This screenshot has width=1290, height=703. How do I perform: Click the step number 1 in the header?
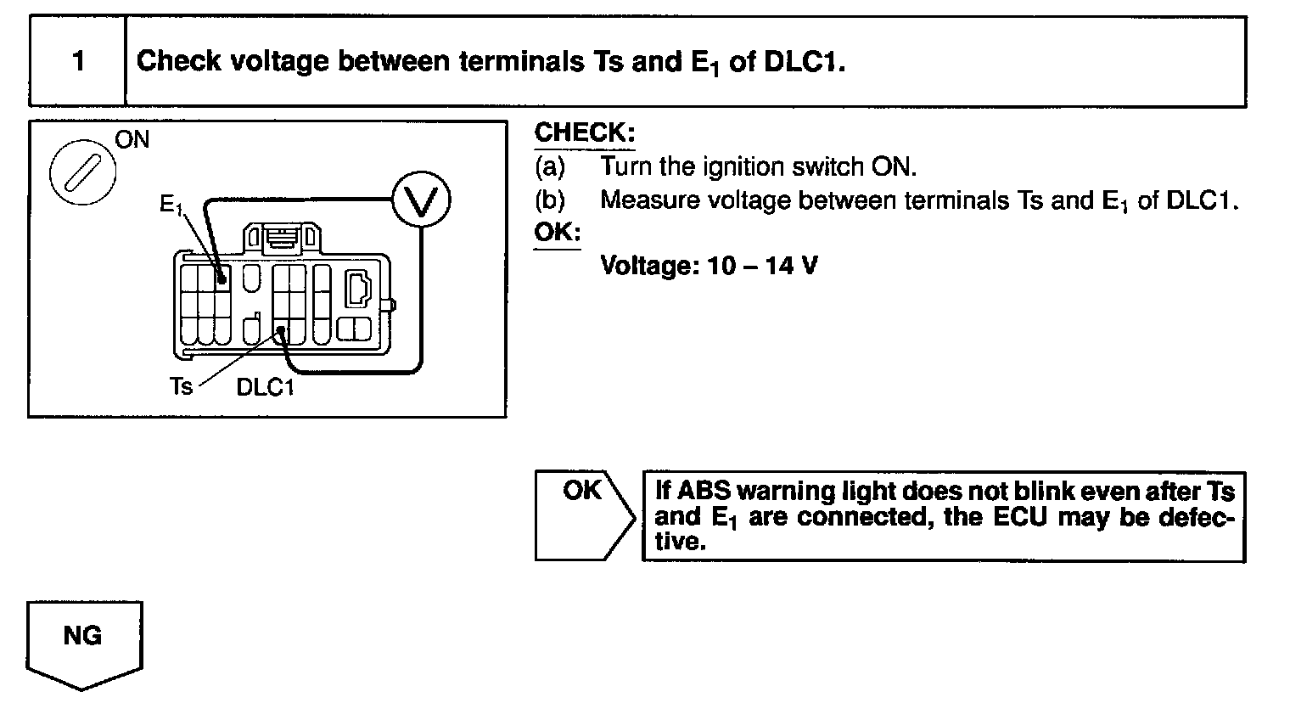78,62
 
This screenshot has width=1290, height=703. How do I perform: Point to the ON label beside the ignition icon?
132,140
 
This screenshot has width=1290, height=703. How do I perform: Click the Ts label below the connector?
181,387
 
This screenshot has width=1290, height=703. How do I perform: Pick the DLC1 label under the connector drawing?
265,387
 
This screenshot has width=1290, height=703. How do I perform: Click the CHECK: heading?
585,133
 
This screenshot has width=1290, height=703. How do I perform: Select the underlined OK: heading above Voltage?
557,232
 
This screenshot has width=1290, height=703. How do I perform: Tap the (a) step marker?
549,166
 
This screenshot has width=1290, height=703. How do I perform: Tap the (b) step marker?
549,200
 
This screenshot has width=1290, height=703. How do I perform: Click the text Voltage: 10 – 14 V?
709,266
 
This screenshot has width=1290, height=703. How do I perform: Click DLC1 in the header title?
802,62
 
